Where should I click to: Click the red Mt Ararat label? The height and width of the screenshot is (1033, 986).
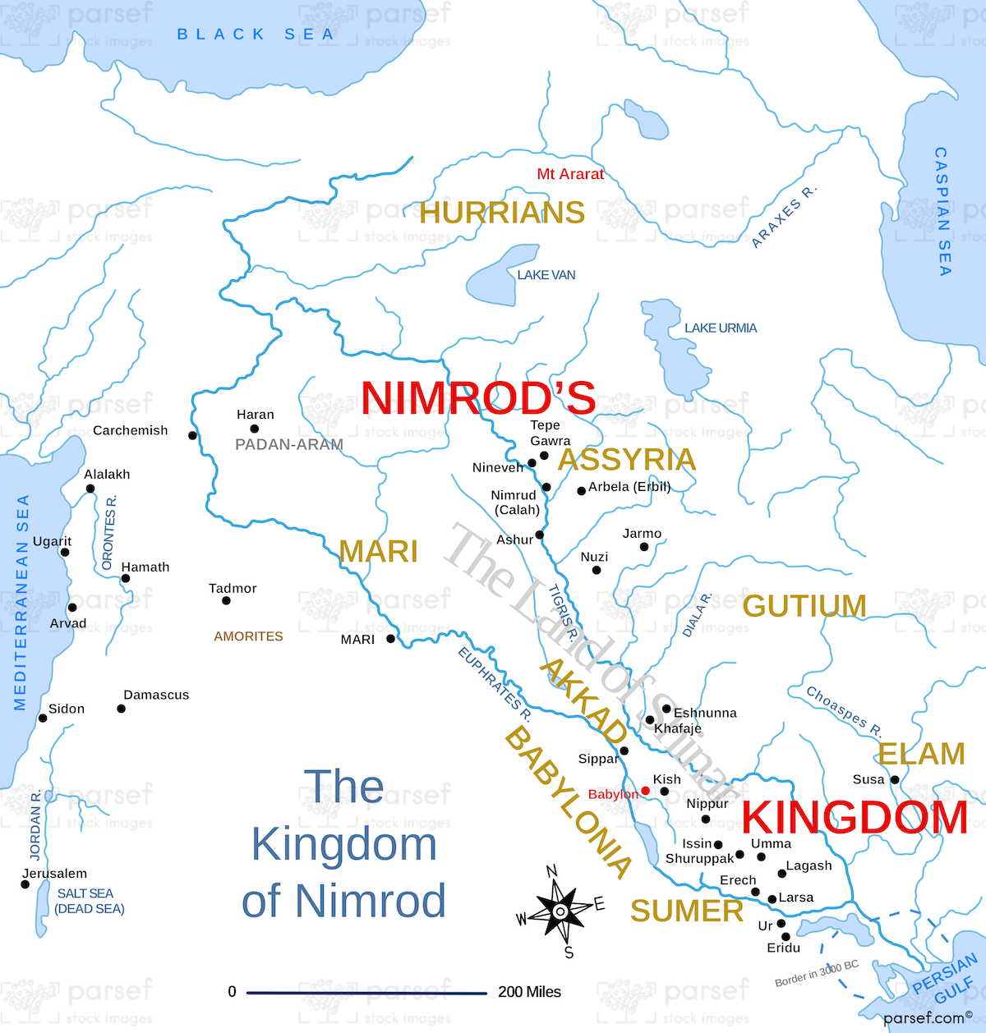pyautogui.click(x=569, y=174)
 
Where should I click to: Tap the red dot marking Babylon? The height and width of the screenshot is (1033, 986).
pyautogui.click(x=646, y=791)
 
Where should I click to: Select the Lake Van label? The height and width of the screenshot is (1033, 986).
pyautogui.click(x=546, y=275)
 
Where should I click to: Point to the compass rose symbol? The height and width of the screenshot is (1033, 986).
pyautogui.click(x=560, y=911)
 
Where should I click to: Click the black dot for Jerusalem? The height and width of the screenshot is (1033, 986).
pyautogui.click(x=25, y=884)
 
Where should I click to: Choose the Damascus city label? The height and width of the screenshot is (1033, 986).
pyautogui.click(x=156, y=695)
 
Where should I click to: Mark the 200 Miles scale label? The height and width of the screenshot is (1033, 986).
pyautogui.click(x=529, y=992)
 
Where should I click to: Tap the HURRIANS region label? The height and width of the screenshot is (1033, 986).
pyautogui.click(x=502, y=213)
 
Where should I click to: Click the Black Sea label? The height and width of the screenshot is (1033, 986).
pyautogui.click(x=256, y=34)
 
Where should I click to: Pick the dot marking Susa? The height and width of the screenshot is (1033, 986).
pyautogui.click(x=895, y=779)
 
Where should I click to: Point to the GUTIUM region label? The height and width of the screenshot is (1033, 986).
pyautogui.click(x=804, y=606)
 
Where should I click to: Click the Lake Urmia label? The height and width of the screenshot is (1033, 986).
pyautogui.click(x=721, y=328)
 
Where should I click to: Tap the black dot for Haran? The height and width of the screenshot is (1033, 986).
pyautogui.click(x=255, y=429)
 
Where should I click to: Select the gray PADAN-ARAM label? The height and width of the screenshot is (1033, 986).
pyautogui.click(x=289, y=444)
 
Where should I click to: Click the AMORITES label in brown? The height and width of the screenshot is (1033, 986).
pyautogui.click(x=248, y=636)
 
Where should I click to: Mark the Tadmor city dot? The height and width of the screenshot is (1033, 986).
pyautogui.click(x=226, y=601)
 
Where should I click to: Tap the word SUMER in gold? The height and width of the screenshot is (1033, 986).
pyautogui.click(x=687, y=911)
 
